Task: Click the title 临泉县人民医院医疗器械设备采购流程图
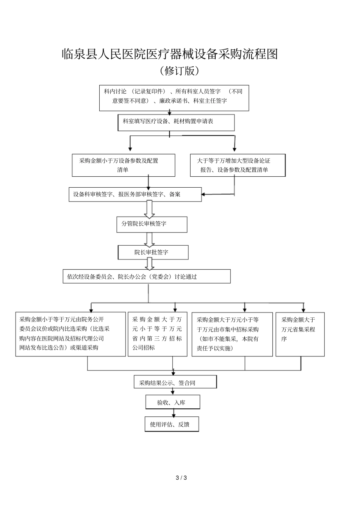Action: pyautogui.click(x=169, y=54)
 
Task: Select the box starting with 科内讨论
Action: pyautogui.click(x=174, y=98)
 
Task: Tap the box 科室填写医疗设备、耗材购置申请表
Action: pyautogui.click(x=176, y=122)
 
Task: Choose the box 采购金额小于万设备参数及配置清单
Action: pyautogui.click(x=124, y=165)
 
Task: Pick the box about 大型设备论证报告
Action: pyautogui.click(x=238, y=165)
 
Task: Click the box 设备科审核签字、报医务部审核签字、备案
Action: pyautogui.click(x=135, y=194)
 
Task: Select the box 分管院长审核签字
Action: pyautogui.click(x=152, y=224)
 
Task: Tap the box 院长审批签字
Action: pyautogui.click(x=153, y=252)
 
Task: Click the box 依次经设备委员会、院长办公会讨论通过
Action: pyautogui.click(x=146, y=276)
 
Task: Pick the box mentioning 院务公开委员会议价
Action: pyautogui.click(x=70, y=334)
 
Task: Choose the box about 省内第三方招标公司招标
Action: pyautogui.click(x=157, y=334)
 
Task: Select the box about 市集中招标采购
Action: pyautogui.click(x=232, y=334)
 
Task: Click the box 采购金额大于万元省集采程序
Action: pyautogui.click(x=300, y=334)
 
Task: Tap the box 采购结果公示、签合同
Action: pyautogui.click(x=175, y=382)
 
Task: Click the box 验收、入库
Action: pyautogui.click(x=172, y=402)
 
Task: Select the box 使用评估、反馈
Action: pyautogui.click(x=172, y=424)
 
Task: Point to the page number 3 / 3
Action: pyautogui.click(x=182, y=478)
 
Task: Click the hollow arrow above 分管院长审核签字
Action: pyautogui.click(x=149, y=209)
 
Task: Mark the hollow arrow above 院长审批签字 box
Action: pyautogui.click(x=149, y=239)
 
